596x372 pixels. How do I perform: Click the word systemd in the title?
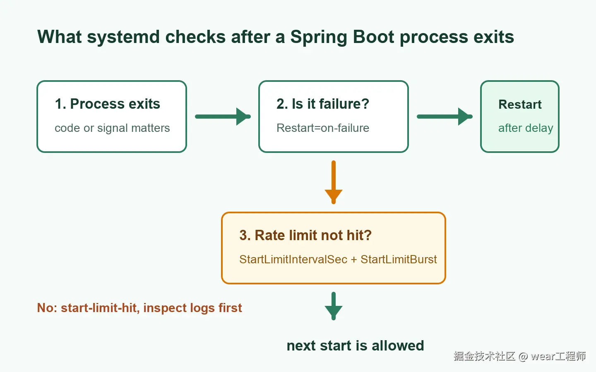click(123, 37)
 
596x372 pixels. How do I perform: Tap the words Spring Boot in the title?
click(342, 37)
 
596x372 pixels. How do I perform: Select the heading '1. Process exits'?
click(108, 104)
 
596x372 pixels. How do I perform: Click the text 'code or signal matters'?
click(112, 128)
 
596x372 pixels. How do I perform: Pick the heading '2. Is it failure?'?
click(323, 104)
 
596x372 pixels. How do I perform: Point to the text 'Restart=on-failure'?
click(323, 128)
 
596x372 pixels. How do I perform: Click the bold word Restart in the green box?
click(520, 104)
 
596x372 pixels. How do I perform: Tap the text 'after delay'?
click(526, 128)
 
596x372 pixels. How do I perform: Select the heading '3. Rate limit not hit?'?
click(305, 235)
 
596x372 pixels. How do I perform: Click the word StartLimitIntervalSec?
click(293, 259)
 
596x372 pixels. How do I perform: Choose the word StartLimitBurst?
click(399, 259)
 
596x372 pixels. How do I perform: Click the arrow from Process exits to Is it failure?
click(223, 117)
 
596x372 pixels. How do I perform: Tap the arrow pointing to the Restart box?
click(445, 117)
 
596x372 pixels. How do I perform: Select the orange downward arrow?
click(334, 182)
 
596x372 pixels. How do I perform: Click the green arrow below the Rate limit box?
click(334, 306)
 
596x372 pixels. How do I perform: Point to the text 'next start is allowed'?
click(355, 346)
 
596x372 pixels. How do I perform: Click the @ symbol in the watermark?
click(523, 356)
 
